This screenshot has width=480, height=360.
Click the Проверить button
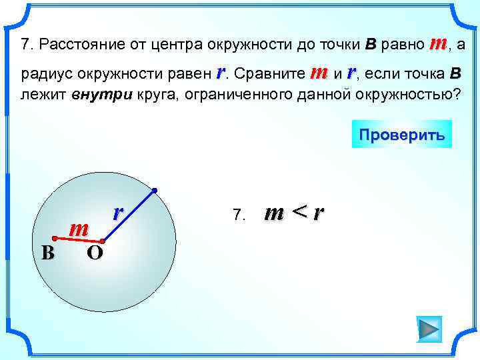(401, 134)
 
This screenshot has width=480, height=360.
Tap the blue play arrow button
(429, 329)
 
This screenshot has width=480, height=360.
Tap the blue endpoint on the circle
(153, 191)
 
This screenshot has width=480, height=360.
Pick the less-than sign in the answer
(300, 213)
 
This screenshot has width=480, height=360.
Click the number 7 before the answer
(238, 215)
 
